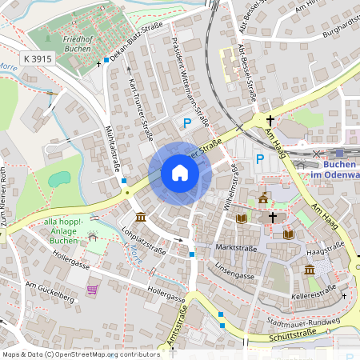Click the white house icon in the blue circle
click(180, 173)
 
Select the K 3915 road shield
click(38, 59)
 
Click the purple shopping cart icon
click(93, 290)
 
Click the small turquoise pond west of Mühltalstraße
click(58, 178)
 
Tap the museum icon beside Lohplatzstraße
click(141, 218)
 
